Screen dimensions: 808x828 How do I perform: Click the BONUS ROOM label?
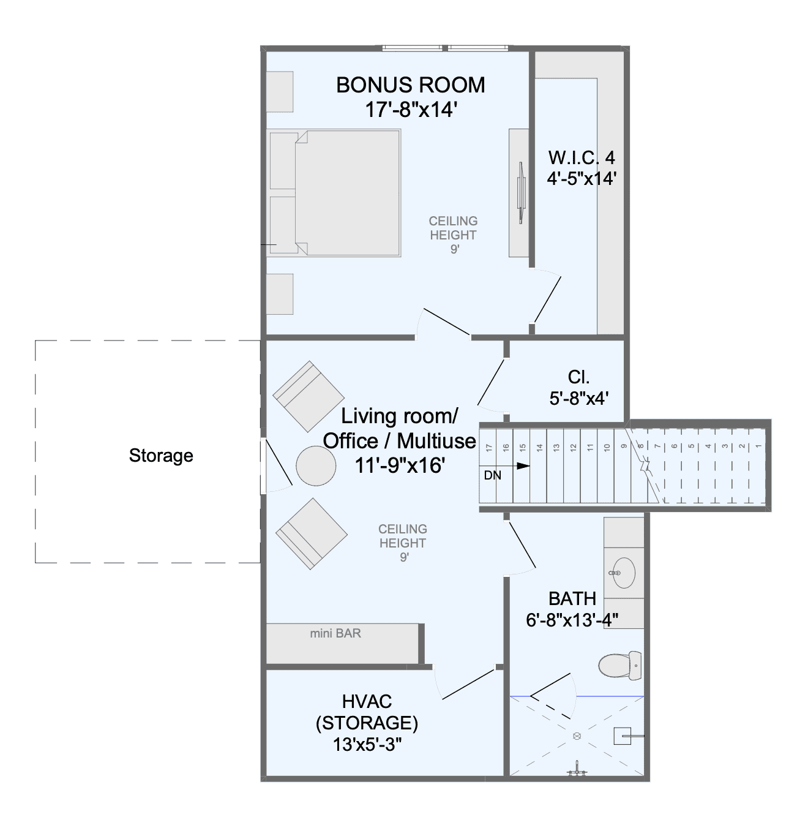[410, 85]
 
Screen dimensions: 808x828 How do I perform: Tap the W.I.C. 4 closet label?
[582, 158]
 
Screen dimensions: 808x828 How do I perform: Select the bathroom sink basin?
[624, 573]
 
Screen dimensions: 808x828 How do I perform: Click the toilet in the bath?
[620, 665]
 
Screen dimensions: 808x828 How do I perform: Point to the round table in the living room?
[316, 466]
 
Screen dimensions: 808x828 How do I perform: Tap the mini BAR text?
[335, 633]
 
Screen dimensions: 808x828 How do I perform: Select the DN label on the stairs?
[493, 475]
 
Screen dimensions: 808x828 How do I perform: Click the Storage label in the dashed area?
[161, 456]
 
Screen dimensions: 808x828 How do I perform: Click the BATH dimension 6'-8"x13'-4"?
[572, 620]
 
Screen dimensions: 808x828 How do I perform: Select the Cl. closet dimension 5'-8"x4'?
[579, 399]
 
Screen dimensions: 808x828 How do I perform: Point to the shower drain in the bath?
[577, 736]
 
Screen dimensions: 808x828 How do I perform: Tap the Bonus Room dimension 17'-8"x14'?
[411, 110]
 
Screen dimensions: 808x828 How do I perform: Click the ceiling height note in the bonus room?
[454, 235]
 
